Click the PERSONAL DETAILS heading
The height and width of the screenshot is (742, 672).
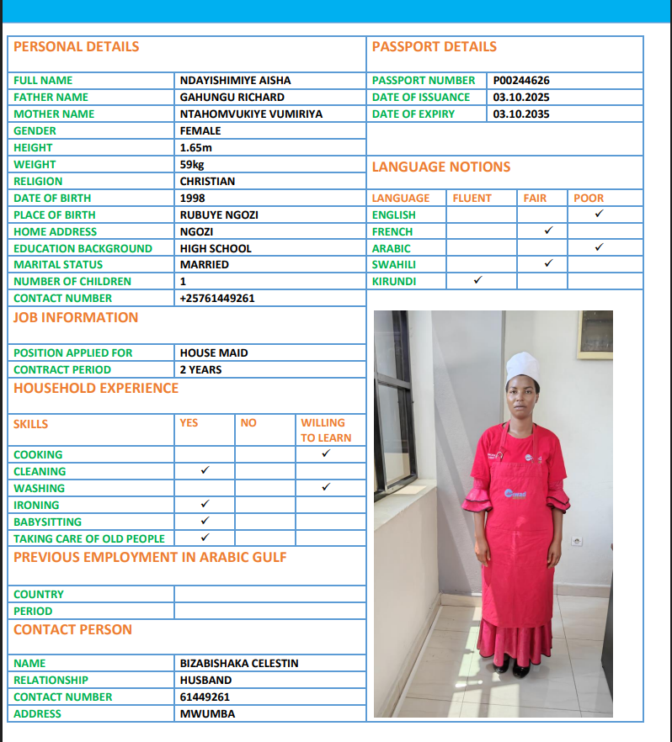click(x=76, y=47)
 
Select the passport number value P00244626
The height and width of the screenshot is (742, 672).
click(x=521, y=81)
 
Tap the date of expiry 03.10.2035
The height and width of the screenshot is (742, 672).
click(x=520, y=114)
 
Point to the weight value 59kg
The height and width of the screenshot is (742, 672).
click(x=192, y=165)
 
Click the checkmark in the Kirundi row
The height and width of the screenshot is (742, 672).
click(x=477, y=280)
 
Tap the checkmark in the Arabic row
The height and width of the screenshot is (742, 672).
click(x=599, y=247)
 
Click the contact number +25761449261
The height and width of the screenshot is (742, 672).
click(x=217, y=299)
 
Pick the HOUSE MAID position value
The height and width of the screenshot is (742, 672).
click(x=214, y=353)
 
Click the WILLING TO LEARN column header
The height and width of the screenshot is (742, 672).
click(x=326, y=430)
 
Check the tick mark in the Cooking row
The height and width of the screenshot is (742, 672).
click(x=326, y=454)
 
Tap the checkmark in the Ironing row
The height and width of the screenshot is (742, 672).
click(x=205, y=504)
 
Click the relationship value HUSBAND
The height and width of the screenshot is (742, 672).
click(x=205, y=681)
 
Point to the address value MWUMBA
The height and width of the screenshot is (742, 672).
click(x=207, y=714)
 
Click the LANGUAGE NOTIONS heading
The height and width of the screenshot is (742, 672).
click(x=441, y=167)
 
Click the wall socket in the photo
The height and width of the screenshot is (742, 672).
click(x=578, y=540)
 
